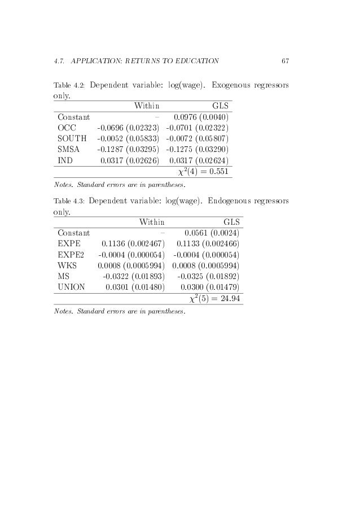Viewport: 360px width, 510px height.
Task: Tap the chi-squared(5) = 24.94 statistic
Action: click(x=212, y=298)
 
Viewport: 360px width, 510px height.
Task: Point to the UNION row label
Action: click(x=71, y=287)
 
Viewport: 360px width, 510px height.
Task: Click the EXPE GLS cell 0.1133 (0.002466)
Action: click(x=207, y=243)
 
